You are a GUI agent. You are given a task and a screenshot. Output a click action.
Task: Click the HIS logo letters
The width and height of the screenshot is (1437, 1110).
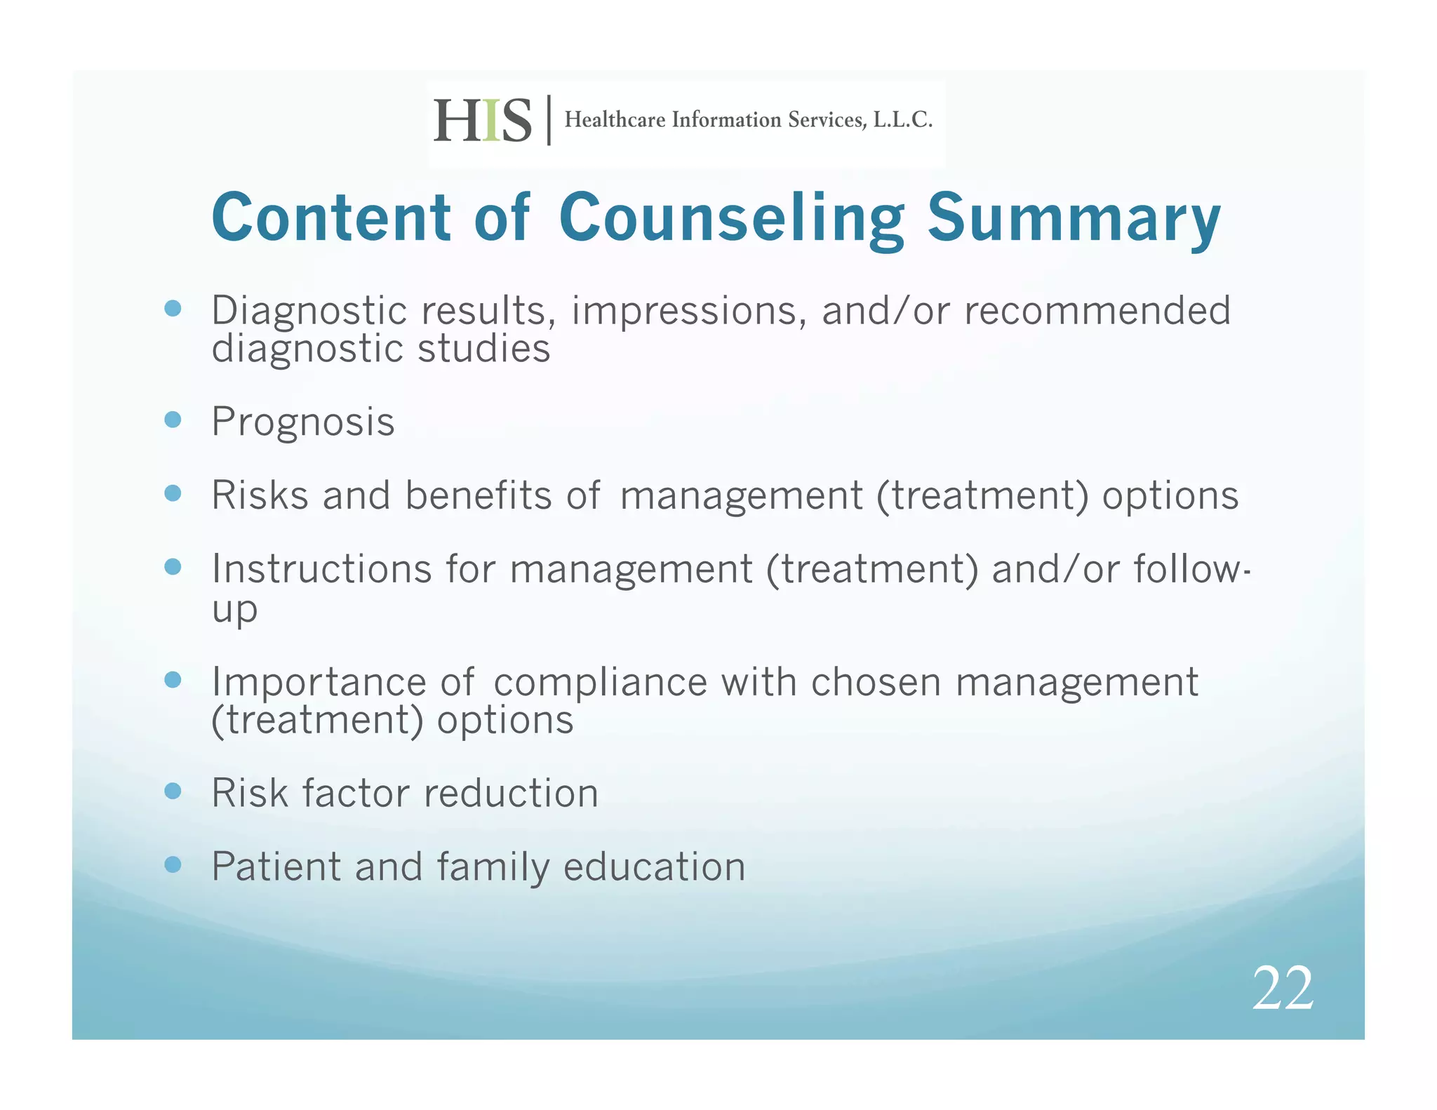(x=483, y=121)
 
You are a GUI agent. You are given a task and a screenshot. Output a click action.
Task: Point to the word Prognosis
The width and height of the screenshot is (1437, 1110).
(x=303, y=422)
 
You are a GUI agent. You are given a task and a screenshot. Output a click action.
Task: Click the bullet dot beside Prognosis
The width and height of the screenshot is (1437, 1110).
(x=173, y=420)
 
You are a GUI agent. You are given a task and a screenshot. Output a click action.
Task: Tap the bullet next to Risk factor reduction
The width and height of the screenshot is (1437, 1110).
(x=173, y=791)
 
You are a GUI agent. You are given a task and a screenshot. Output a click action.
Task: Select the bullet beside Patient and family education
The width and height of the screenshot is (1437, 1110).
(x=173, y=864)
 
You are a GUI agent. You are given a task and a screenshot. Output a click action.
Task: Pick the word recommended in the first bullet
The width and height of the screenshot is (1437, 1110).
(x=1097, y=311)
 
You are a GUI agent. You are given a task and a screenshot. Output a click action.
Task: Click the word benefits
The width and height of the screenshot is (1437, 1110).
(x=479, y=495)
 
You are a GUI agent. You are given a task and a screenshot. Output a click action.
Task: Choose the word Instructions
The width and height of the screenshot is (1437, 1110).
(x=321, y=568)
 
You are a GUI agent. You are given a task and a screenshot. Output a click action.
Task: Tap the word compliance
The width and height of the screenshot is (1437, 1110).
(x=601, y=682)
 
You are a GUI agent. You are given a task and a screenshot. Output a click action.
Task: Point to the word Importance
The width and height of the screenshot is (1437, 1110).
(x=319, y=682)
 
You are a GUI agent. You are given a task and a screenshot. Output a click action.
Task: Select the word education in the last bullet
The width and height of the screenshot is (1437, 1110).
(x=654, y=867)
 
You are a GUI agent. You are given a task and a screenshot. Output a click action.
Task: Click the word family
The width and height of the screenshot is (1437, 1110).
(x=493, y=867)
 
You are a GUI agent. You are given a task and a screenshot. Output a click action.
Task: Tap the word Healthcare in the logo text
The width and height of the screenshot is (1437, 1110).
(x=615, y=120)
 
